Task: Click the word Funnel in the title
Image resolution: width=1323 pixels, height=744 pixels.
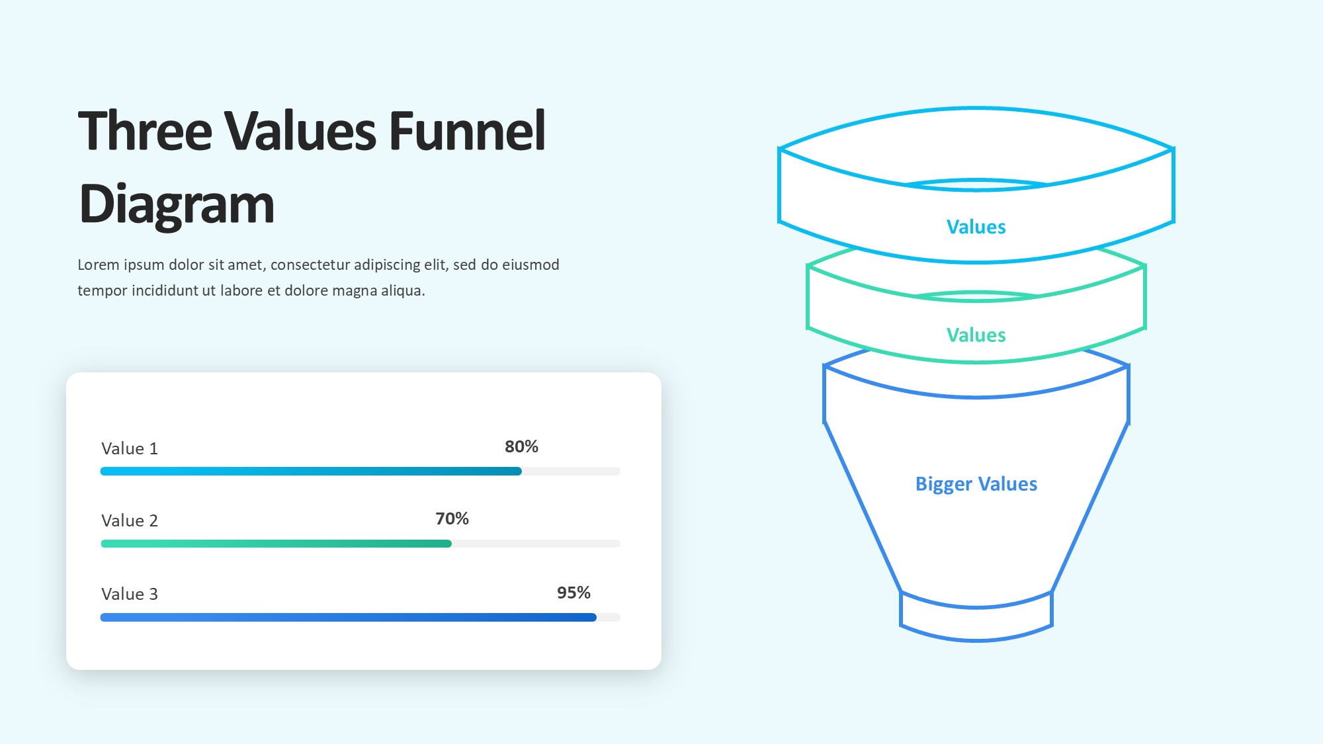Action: click(467, 130)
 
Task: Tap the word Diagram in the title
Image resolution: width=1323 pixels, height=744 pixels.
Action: click(177, 205)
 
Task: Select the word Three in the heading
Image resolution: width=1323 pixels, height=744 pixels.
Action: click(146, 130)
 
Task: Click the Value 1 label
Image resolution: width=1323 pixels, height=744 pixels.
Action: click(130, 448)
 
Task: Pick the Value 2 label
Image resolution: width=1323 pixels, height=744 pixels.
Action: click(130, 520)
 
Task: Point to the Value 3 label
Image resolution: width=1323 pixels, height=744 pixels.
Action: click(130, 594)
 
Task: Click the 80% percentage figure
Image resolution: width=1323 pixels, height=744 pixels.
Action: click(521, 446)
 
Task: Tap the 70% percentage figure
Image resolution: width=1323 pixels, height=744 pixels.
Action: click(452, 518)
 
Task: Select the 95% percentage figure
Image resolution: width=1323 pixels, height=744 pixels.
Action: click(574, 593)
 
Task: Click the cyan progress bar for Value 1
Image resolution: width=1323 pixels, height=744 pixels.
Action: click(311, 471)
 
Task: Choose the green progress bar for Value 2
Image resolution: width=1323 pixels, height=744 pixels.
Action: click(276, 544)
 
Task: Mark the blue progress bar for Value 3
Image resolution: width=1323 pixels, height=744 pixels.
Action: click(349, 617)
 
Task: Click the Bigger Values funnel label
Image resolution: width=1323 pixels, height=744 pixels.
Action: click(976, 484)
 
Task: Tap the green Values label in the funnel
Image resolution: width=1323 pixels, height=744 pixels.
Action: click(976, 335)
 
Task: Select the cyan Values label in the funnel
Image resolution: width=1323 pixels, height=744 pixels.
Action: click(976, 227)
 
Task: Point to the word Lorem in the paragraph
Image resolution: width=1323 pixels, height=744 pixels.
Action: click(99, 265)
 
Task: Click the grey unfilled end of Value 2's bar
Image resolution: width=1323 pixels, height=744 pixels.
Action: click(536, 544)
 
